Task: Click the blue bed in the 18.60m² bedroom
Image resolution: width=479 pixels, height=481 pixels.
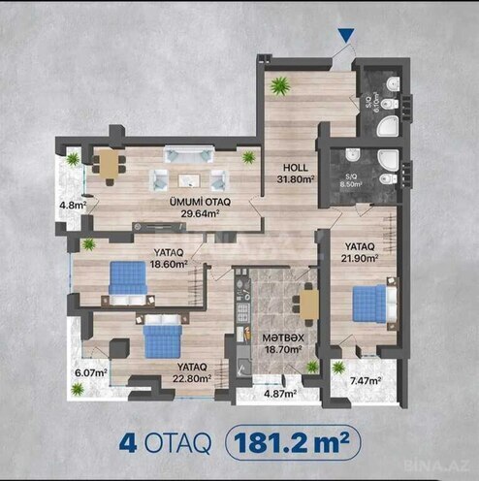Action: click(x=127, y=279)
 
